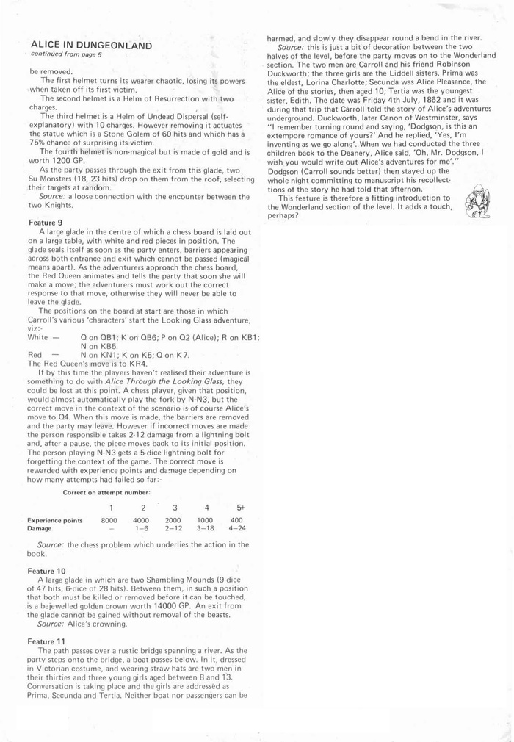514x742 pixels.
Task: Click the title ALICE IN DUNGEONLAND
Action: click(91, 46)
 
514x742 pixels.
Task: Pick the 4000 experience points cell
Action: click(142, 520)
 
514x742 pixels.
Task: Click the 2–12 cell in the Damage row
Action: click(173, 528)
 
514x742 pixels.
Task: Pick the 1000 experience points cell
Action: click(205, 520)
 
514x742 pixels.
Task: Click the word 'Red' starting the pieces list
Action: click(35, 354)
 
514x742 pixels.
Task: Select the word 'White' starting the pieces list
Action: click(38, 337)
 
